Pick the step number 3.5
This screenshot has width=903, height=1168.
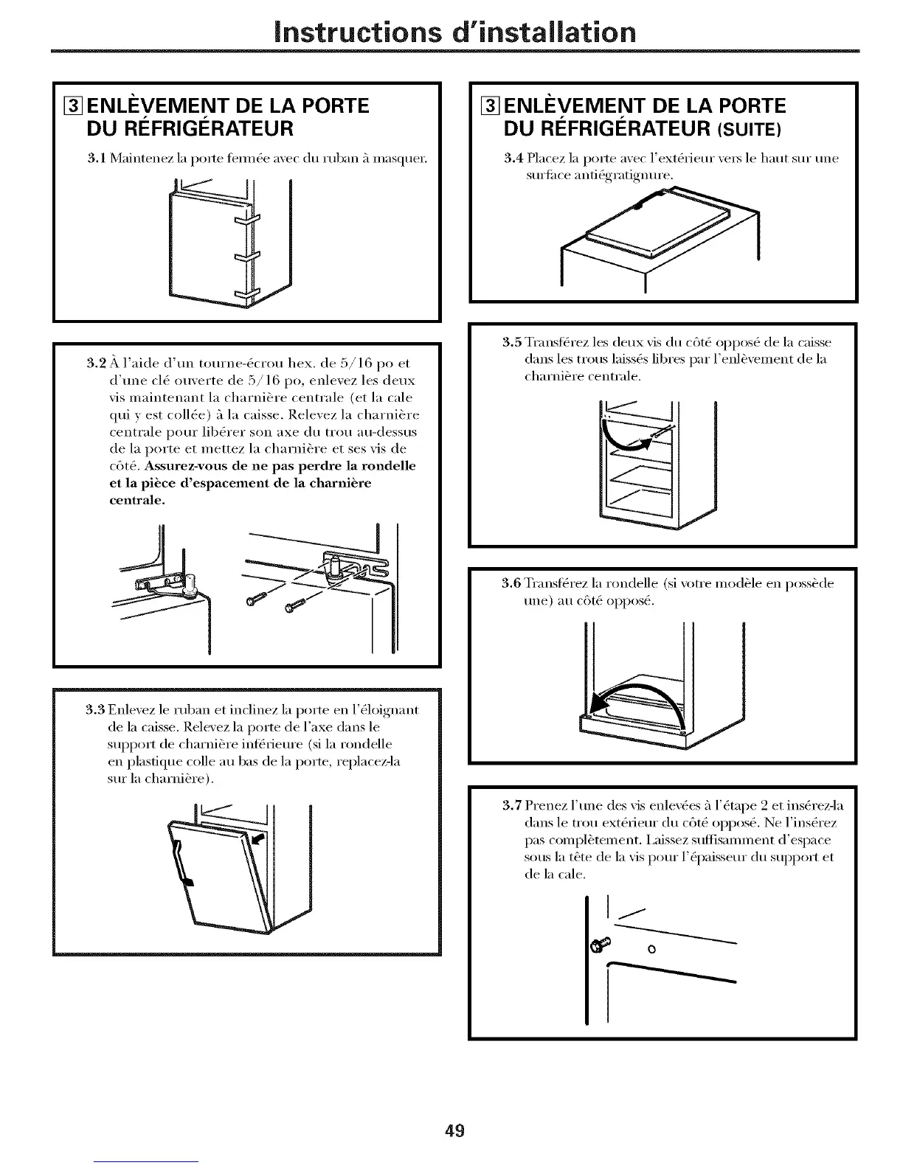tap(512, 343)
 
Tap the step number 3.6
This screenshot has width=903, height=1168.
tap(512, 584)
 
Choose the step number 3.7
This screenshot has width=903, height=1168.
tap(512, 805)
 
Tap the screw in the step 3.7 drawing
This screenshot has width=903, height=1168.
tap(598, 946)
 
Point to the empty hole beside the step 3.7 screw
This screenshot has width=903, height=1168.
tap(650, 949)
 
